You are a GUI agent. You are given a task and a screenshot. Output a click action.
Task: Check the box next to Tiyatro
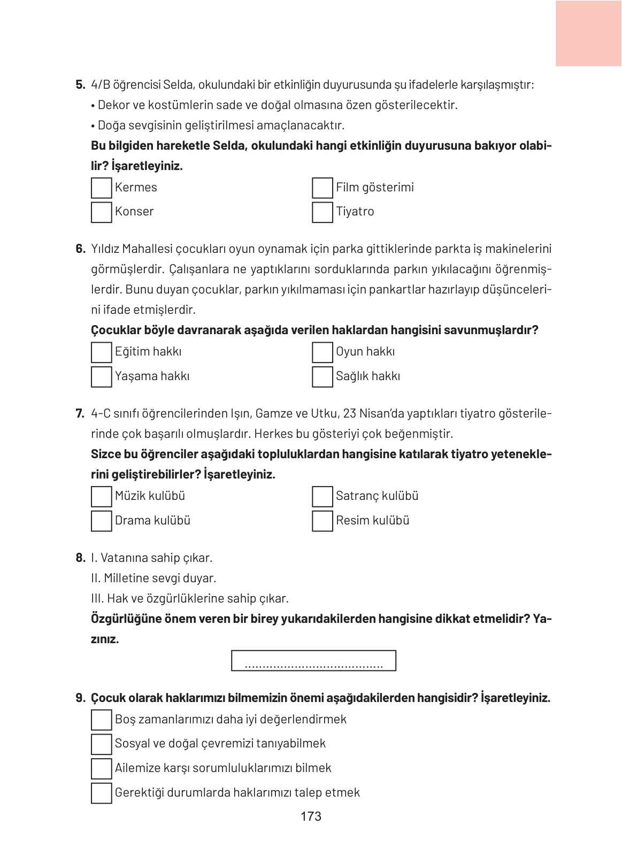[322, 212]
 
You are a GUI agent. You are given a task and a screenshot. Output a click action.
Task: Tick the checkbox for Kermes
[101, 188]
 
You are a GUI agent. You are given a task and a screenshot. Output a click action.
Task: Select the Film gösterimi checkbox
[322, 188]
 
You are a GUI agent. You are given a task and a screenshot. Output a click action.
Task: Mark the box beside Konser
[101, 212]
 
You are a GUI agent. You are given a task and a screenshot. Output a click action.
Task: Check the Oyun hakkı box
[322, 352]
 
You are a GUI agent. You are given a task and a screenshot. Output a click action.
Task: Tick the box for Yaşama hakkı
[101, 376]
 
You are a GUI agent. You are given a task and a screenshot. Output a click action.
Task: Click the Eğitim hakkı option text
[148, 352]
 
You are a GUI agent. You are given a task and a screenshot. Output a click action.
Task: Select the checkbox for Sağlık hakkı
[322, 376]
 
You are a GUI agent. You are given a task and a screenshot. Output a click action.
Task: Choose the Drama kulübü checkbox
[101, 521]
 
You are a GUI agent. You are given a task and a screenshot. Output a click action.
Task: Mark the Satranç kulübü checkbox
[322, 497]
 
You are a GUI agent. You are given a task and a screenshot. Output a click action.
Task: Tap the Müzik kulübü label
[150, 496]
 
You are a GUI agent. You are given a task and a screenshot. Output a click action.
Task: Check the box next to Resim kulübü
[322, 521]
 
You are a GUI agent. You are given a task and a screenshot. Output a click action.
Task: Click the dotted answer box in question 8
[313, 661]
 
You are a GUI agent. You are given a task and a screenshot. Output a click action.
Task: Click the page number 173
[311, 816]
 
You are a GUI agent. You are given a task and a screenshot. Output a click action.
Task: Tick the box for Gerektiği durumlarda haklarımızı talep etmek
[101, 793]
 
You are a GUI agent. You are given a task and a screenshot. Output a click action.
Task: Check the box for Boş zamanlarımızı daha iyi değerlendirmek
[101, 720]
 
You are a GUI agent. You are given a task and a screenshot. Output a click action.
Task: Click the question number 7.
[80, 413]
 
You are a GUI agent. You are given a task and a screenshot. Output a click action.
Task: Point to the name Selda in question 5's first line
[179, 84]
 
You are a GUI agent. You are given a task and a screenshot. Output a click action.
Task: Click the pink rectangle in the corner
[588, 33]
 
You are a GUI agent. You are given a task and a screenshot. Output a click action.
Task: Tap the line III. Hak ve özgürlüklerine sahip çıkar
[190, 599]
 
